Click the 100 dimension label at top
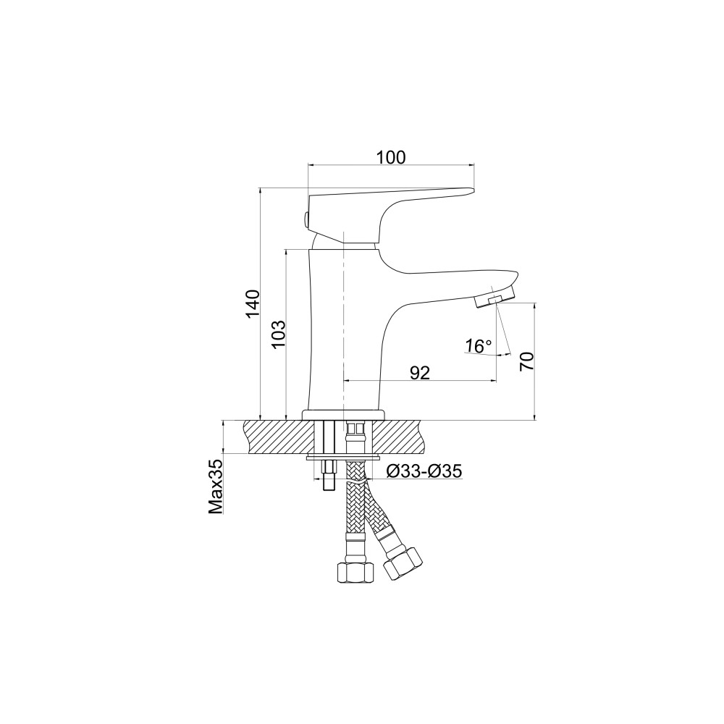[x=391, y=157]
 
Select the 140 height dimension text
[x=252, y=304]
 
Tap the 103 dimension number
[x=279, y=334]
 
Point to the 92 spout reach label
[x=420, y=373]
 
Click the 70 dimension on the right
[x=526, y=361]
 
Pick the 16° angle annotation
[x=478, y=345]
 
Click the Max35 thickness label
[x=216, y=486]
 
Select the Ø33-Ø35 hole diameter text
[x=424, y=471]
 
